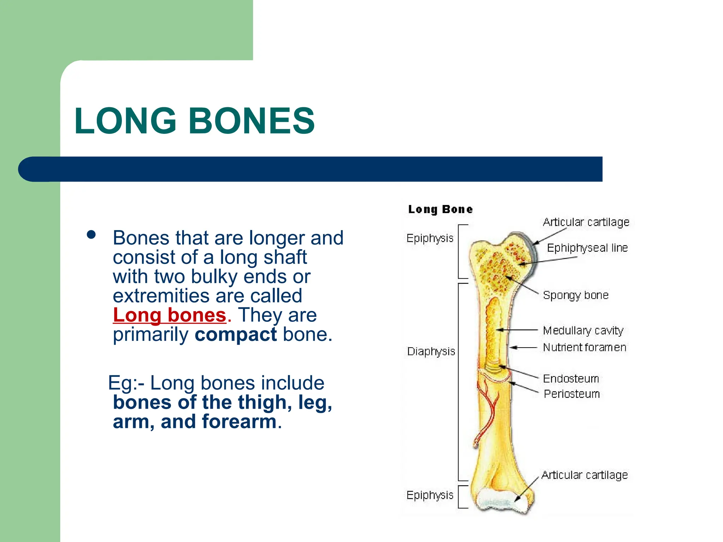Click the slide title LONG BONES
point(194,121)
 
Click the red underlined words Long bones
point(169,315)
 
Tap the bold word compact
point(235,335)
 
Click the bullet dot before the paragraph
point(91,235)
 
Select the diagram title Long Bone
point(440,209)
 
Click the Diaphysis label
point(431,351)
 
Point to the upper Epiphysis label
point(430,238)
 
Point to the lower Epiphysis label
point(430,495)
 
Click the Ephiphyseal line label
point(587,248)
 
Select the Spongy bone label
point(576,295)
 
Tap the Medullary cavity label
point(583,331)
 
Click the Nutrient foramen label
point(585,348)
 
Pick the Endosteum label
point(571,379)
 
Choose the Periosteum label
point(572,394)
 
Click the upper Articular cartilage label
point(586,222)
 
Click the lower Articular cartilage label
point(585,475)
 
